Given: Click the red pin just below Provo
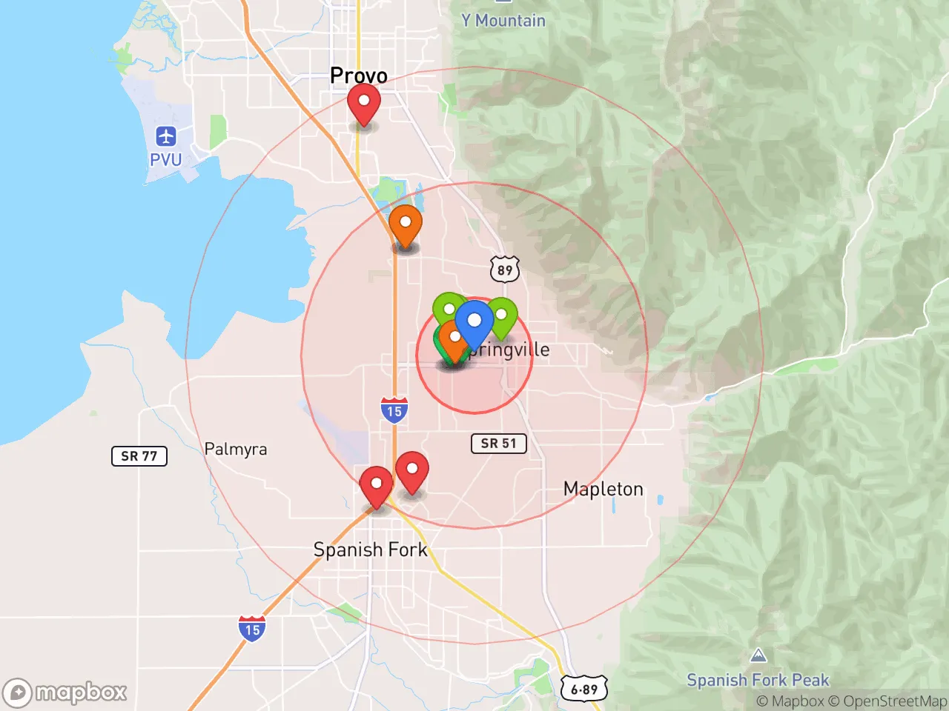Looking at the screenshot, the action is tap(364, 103).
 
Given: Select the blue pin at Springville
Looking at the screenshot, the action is tap(474, 322).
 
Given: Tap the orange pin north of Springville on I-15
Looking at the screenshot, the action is tap(406, 224).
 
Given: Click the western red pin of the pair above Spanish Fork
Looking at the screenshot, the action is tap(376, 485).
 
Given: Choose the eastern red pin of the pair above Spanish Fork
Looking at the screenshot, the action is tap(411, 470).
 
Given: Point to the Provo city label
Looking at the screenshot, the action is tap(359, 76).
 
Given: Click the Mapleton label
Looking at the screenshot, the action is tap(604, 489).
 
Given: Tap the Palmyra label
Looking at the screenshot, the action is tap(236, 449).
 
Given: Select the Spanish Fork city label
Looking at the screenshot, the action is tap(371, 550).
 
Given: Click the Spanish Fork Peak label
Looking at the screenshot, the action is tap(758, 680).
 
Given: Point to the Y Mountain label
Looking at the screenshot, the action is tap(503, 21).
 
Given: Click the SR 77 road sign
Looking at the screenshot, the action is tap(139, 456).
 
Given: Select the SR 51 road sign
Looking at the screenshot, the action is tap(498, 444).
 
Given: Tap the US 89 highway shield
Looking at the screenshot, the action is tap(505, 270).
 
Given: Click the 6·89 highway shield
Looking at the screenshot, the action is tap(584, 690).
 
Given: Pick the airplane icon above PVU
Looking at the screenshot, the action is tap(166, 137).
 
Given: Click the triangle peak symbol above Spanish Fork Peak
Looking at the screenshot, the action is tap(758, 655).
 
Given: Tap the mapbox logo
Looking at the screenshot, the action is tap(65, 693).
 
